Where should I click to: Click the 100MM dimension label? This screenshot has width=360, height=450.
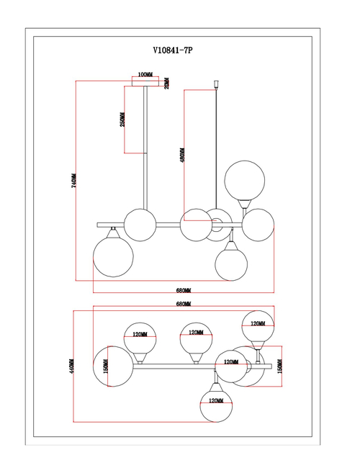(x=145, y=75)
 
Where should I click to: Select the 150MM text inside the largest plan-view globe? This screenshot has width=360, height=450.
(x=106, y=367)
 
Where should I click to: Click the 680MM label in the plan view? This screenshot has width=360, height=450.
(x=184, y=305)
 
